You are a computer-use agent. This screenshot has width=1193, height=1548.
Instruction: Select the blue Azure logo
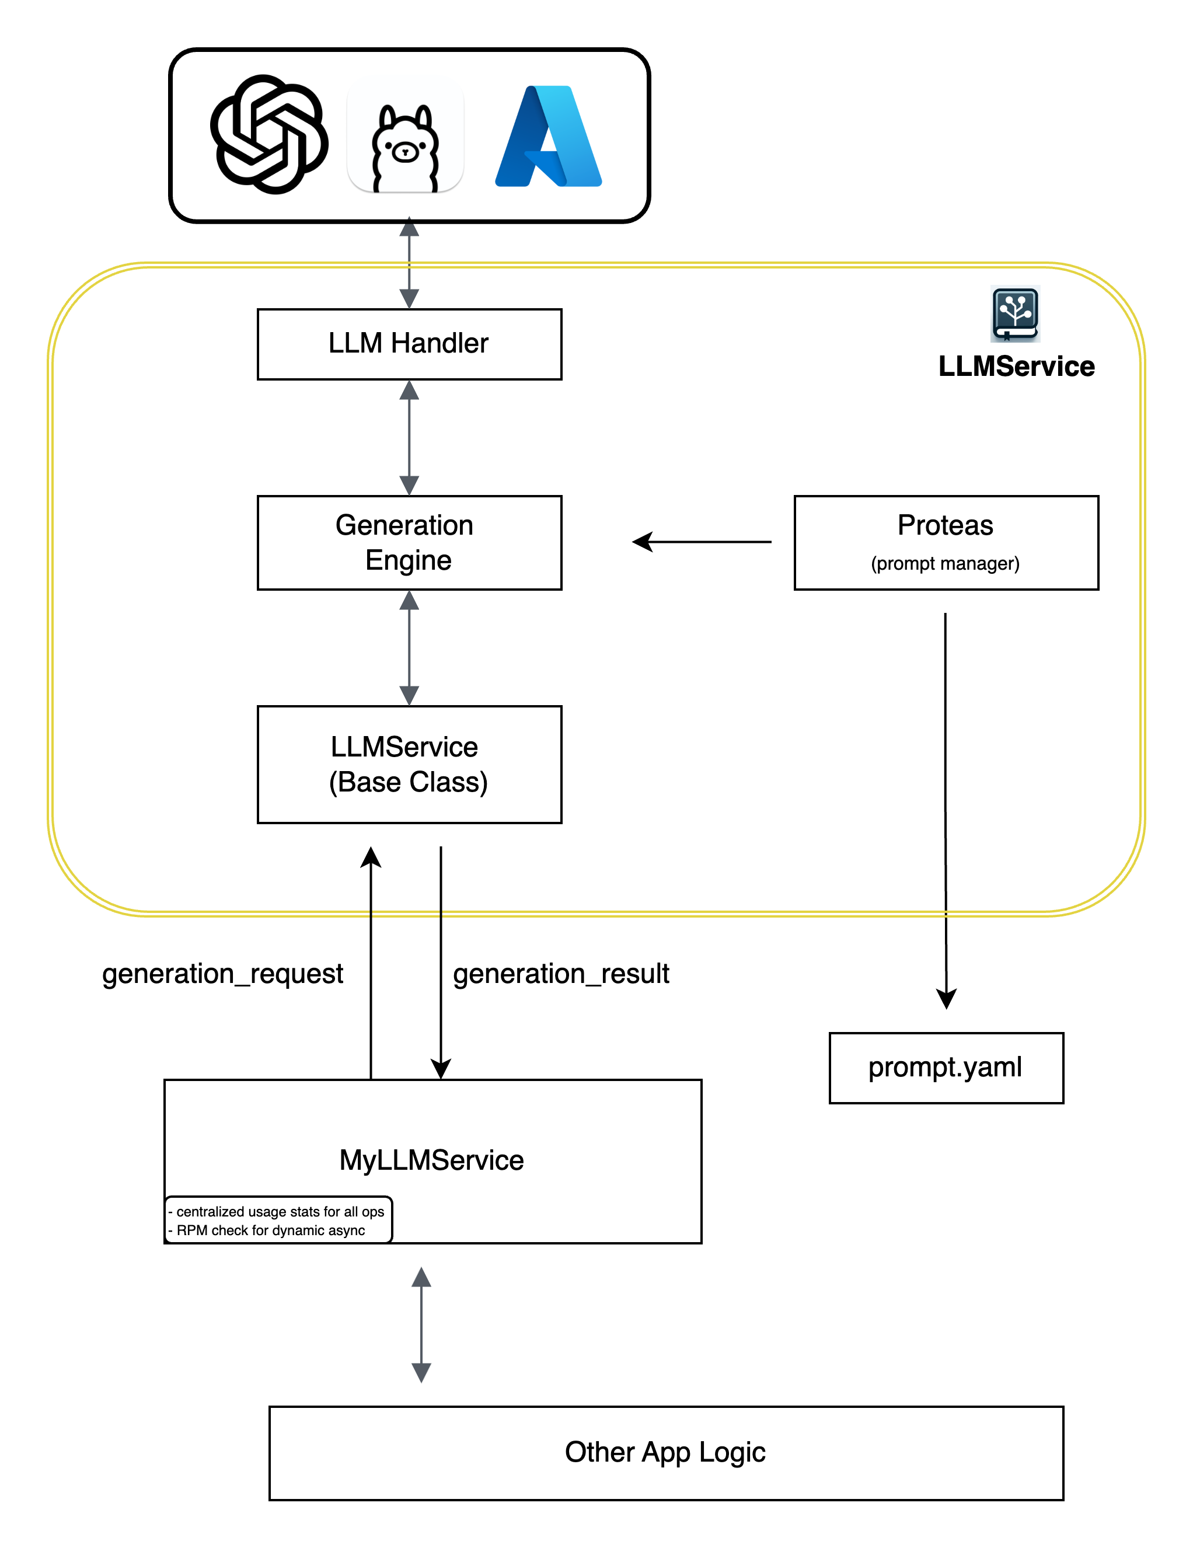(548, 136)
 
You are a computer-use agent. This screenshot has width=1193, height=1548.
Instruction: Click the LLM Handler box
(409, 344)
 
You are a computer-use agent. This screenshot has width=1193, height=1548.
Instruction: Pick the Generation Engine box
(409, 542)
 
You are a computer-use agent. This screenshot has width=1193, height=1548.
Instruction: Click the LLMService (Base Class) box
(409, 764)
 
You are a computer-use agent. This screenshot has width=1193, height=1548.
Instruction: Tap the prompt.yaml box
(946, 1068)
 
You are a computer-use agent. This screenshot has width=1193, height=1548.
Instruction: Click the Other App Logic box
(665, 1452)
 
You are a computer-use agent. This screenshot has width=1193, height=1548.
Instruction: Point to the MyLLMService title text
(431, 1160)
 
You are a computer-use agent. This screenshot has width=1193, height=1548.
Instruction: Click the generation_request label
(222, 974)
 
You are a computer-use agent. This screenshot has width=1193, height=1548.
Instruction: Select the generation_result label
(561, 974)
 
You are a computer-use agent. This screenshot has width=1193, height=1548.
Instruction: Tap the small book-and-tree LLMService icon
(1015, 313)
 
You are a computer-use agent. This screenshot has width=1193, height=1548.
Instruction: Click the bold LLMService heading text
(1016, 367)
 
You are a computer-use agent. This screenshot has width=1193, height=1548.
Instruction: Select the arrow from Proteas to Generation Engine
(702, 542)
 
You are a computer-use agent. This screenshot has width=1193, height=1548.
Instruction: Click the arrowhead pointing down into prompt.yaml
(946, 998)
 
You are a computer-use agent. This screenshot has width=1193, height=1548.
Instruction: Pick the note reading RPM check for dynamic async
(270, 1230)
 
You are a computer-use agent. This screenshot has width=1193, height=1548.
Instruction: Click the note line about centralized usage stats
(280, 1212)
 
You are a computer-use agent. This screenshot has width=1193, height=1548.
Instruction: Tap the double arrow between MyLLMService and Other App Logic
(421, 1325)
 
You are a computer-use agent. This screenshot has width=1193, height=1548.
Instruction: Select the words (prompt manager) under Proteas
(945, 563)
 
